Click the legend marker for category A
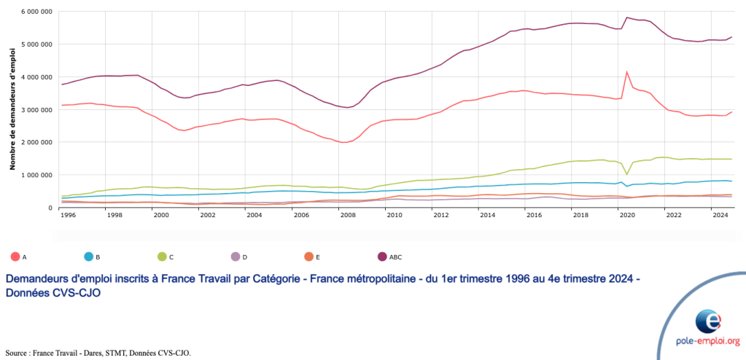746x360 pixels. point(15,257)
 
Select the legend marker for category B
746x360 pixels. point(88,257)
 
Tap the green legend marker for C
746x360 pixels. point(161,257)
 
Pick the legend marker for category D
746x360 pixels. point(235,257)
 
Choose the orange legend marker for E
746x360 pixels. point(308,257)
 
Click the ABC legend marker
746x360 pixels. point(381,257)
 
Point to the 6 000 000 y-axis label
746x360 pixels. point(36,12)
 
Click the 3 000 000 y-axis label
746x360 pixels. point(36,109)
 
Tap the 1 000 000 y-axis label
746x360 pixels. point(36,175)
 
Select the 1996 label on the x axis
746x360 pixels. point(69,216)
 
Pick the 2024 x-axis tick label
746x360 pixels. point(719,216)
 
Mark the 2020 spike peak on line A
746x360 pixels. point(626,71)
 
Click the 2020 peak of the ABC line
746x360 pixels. point(626,17)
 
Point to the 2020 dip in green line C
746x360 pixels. point(626,174)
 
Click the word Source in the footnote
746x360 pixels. point(18,353)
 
